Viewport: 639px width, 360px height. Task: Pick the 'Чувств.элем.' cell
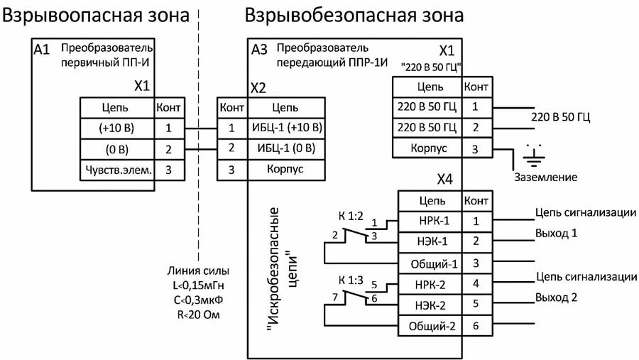point(117,170)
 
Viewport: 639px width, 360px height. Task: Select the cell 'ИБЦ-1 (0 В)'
point(285,149)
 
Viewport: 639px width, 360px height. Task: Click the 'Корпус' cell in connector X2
point(285,170)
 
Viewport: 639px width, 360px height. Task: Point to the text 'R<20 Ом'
point(199,312)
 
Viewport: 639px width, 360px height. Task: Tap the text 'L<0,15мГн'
point(199,285)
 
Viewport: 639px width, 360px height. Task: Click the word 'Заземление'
point(546,177)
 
